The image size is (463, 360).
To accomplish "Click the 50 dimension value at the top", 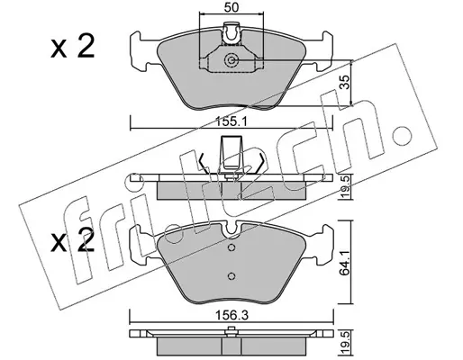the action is (x=231, y=7).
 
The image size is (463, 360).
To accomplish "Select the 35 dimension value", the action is (x=346, y=82).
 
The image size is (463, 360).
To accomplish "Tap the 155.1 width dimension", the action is (x=231, y=122).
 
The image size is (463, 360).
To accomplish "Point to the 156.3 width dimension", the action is (x=231, y=315).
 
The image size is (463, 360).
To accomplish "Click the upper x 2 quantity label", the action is (x=72, y=47).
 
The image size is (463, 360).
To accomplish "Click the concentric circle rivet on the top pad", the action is (x=231, y=60).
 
